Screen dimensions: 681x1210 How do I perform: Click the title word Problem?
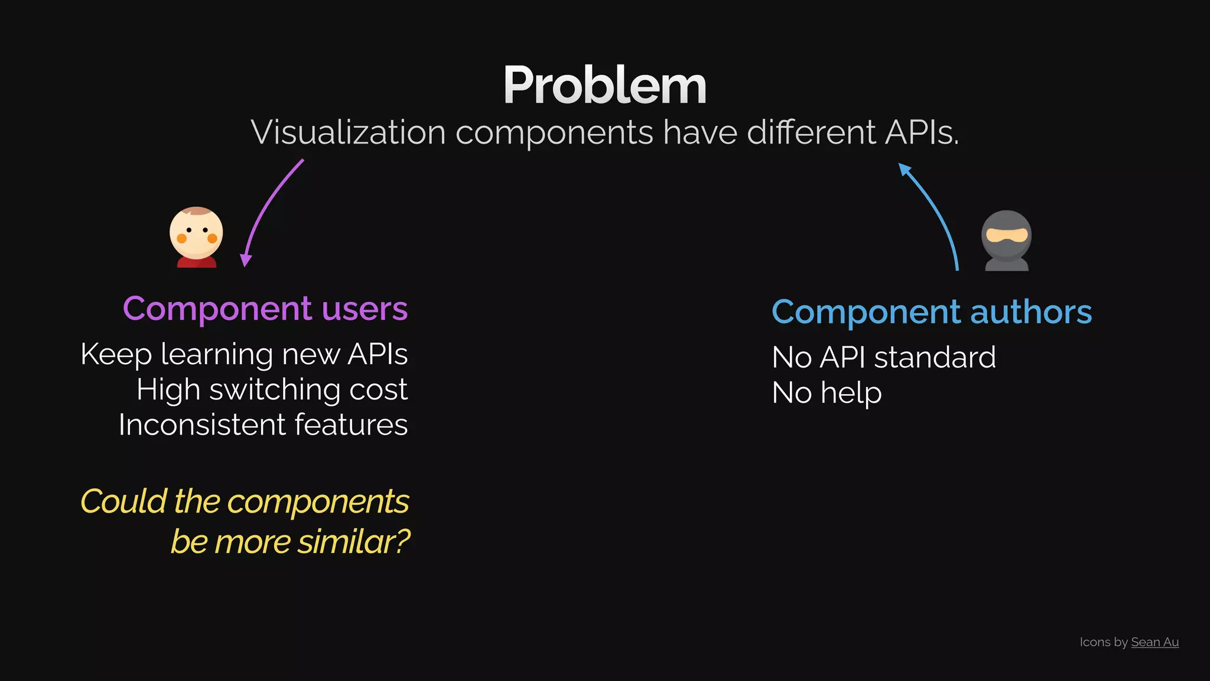[x=604, y=86]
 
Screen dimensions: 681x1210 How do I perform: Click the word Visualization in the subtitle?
[x=348, y=132]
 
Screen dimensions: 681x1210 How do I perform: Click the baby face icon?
[x=196, y=236]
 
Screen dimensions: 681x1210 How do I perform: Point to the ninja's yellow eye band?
[x=1007, y=235]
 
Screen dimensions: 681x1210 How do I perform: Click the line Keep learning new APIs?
[x=244, y=355]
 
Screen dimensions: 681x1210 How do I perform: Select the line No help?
[x=827, y=393]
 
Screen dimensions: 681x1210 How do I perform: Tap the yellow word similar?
[x=353, y=541]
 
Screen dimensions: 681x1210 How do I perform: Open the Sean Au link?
[x=1154, y=642]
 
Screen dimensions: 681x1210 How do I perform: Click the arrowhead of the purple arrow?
[x=246, y=260]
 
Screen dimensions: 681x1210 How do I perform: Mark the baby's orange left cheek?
[x=182, y=238]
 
